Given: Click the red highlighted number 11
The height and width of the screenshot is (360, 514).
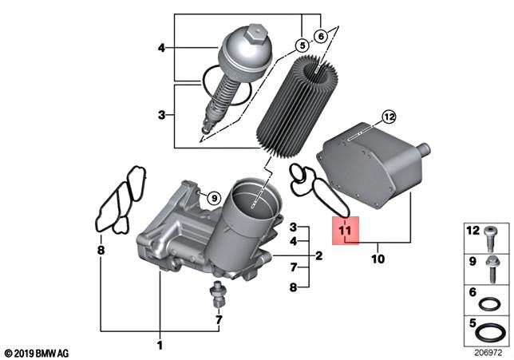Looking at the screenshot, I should [x=345, y=231].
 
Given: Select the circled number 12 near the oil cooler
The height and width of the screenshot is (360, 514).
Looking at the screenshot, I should [x=388, y=117].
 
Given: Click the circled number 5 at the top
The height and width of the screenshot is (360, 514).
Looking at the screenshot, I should [x=302, y=45].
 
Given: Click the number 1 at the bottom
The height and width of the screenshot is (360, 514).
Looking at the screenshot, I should [x=159, y=345].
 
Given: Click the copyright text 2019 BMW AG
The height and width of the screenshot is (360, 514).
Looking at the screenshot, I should [x=38, y=352].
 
